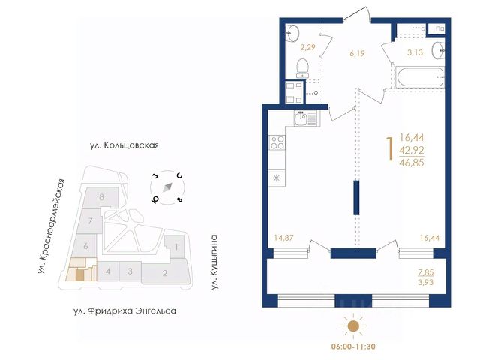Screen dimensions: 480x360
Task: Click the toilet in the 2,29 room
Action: tap(303, 68)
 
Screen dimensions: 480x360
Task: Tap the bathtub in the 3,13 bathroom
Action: tap(419, 77)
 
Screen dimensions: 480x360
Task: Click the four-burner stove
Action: tap(277, 143)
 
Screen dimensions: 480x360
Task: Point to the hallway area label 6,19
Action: tap(357, 53)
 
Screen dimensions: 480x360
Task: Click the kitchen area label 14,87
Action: tap(283, 238)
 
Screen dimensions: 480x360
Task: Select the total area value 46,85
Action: tap(412, 163)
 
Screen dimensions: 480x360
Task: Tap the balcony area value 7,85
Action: tap(426, 272)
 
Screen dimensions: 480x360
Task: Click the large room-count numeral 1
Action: tap(390, 149)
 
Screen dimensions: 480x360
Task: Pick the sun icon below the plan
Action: tap(353, 326)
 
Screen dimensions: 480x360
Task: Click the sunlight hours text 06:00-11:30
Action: tap(353, 346)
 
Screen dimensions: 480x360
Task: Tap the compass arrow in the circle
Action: tap(167, 187)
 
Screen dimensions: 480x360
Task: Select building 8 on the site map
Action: tap(101, 196)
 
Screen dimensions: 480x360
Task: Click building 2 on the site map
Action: tap(165, 272)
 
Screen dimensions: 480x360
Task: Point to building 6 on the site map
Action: tap(86, 245)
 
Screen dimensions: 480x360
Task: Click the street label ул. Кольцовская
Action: tap(124, 145)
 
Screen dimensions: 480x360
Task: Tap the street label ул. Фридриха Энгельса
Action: tap(125, 311)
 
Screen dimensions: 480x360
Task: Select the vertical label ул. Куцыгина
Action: tap(215, 262)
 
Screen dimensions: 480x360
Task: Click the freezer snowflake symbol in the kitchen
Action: tap(277, 178)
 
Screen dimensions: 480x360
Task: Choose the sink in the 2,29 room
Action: tap(292, 33)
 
